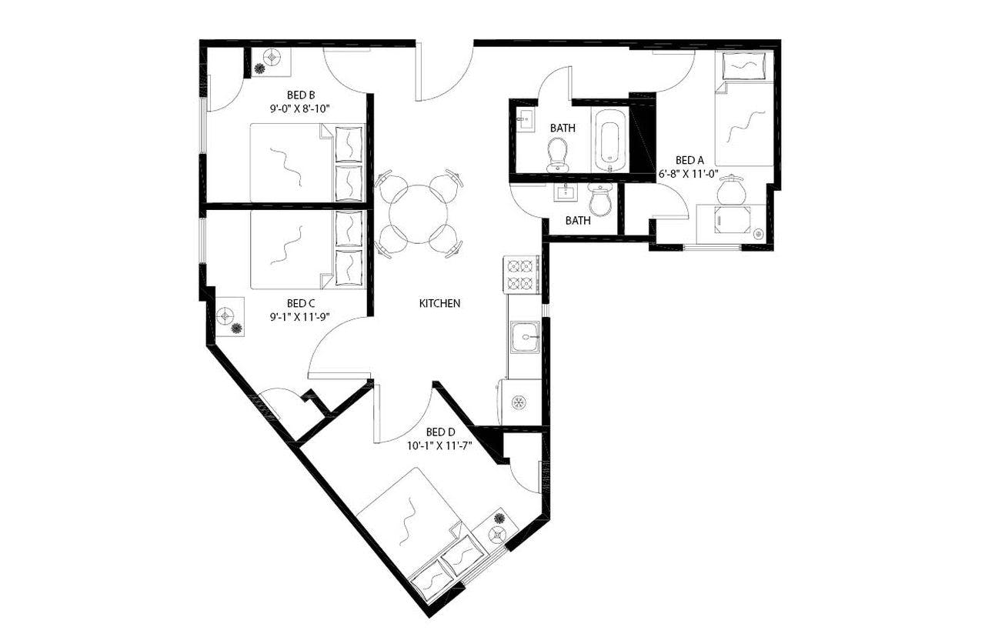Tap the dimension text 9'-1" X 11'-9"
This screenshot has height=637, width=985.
[x=299, y=316]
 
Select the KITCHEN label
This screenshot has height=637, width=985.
[x=439, y=303]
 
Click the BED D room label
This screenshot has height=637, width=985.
[x=441, y=432]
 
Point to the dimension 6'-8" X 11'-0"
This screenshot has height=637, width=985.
[x=688, y=174]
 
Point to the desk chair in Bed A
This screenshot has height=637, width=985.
[x=731, y=188]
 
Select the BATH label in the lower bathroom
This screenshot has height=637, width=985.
[x=578, y=221]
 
